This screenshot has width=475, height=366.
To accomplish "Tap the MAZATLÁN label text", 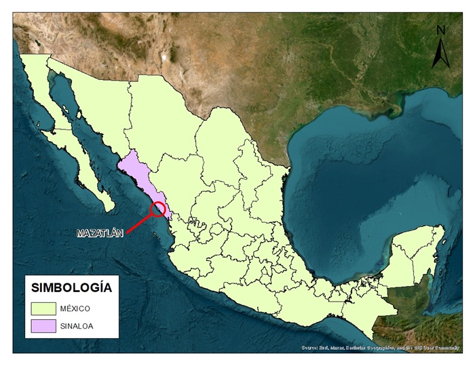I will click(100, 233).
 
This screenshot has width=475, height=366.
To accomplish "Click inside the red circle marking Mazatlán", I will click(159, 209).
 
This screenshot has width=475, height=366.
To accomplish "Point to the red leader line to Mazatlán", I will click(140, 222).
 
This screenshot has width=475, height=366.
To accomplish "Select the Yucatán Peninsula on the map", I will click(414, 254).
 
